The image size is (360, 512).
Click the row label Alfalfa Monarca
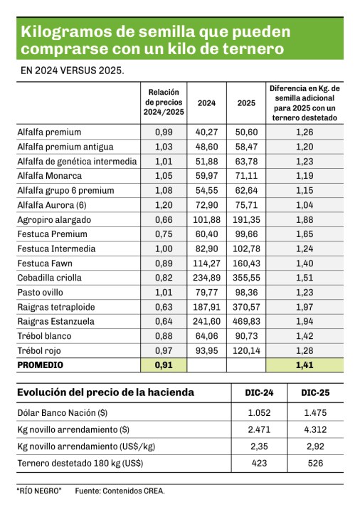[49, 176]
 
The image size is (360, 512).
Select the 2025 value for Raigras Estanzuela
[246, 322]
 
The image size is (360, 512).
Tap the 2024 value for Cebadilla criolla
[206, 278]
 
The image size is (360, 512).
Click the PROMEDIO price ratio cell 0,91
[163, 365]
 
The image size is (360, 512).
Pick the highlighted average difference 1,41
[304, 365]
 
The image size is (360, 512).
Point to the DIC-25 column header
[313, 392]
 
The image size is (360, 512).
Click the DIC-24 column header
[260, 392]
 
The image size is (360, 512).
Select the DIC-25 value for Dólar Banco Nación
[313, 414]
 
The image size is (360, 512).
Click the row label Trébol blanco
[46, 336]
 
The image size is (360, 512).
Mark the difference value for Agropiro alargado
[304, 219]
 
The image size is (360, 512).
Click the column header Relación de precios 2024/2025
[163, 103]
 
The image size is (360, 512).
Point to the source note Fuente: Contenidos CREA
[120, 491]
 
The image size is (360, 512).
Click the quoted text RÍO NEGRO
[39, 491]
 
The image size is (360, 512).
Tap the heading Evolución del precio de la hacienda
[105, 392]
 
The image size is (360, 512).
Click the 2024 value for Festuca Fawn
[206, 263]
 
